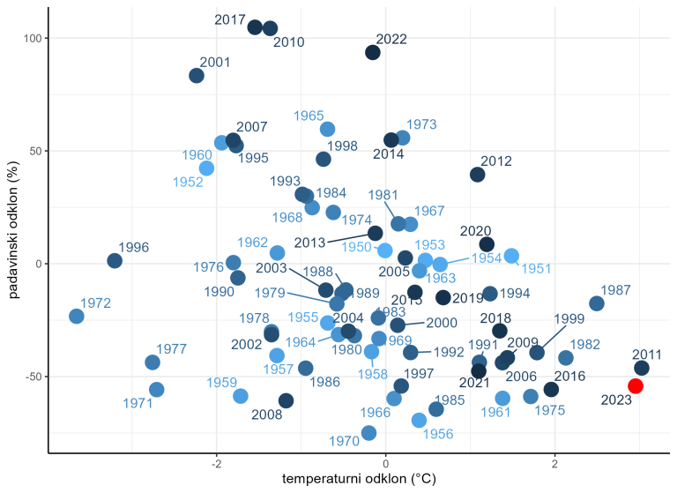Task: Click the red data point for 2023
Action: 635,386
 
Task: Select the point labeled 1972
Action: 76,316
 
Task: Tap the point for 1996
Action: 115,261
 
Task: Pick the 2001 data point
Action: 197,76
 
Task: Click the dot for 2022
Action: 373,53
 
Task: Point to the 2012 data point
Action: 478,175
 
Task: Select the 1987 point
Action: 597,303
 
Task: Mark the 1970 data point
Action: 369,432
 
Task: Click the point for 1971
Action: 157,390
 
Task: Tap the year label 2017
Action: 230,19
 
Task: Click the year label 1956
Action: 438,434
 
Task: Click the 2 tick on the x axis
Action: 554,462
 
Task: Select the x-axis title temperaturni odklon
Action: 359,479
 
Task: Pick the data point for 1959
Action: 241,396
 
